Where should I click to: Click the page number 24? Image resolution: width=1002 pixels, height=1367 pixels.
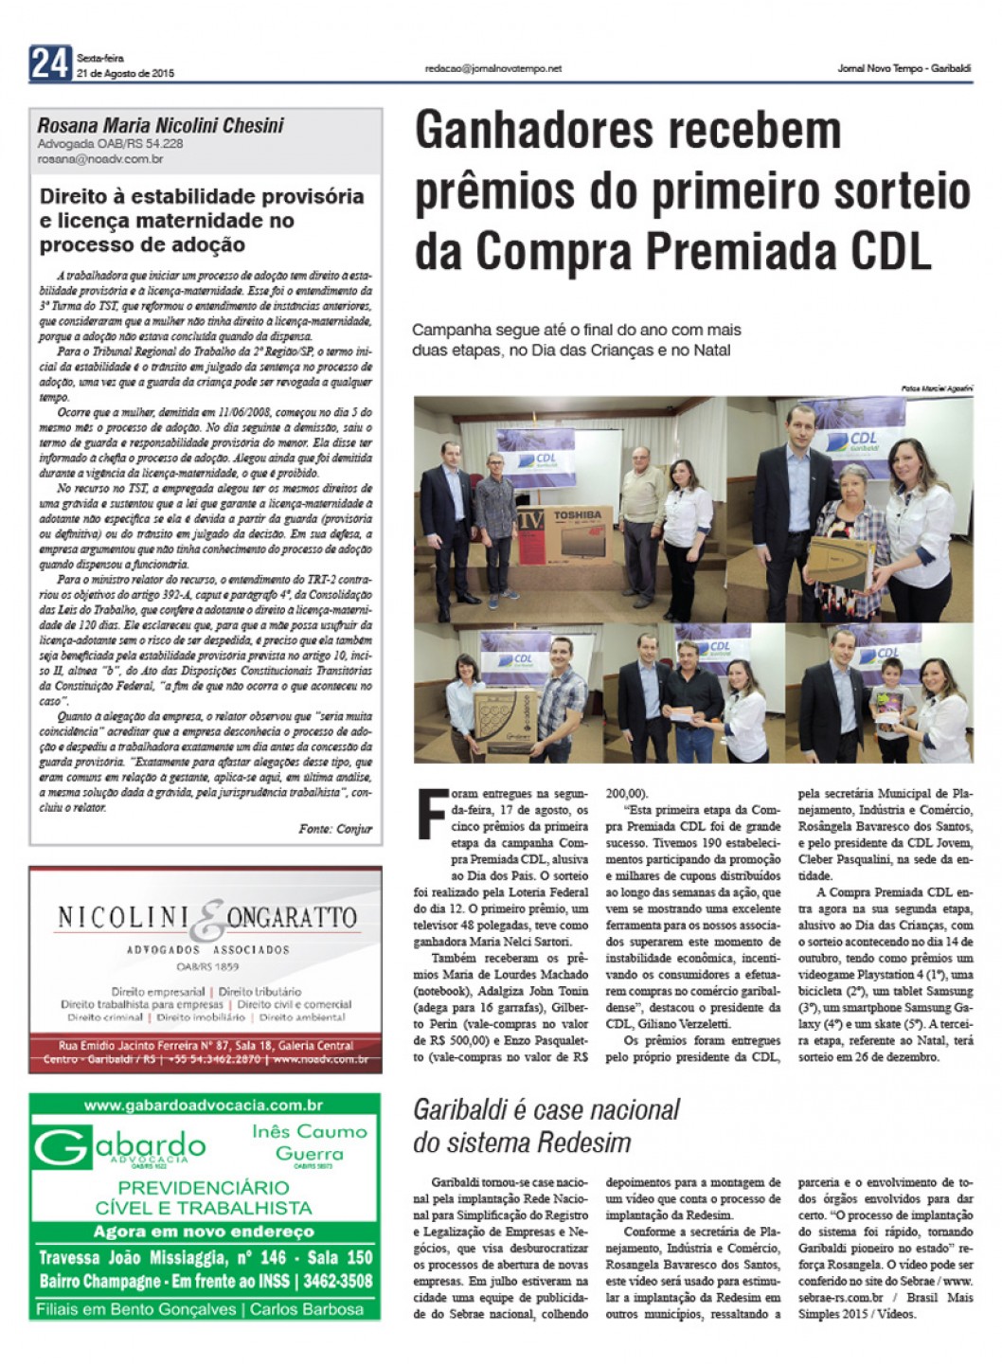pos(50,63)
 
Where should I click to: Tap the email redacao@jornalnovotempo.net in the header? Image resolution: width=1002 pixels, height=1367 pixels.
pos(492,68)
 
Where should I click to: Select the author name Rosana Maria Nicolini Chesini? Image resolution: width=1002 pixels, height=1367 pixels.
pos(160,125)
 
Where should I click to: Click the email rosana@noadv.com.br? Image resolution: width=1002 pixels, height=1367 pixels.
pos(100,159)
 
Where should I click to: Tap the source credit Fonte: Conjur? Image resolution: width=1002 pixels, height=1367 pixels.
pos(335,828)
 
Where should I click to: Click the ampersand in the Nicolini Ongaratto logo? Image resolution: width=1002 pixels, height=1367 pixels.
pos(210,918)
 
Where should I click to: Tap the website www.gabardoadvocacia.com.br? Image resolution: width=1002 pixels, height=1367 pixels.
pos(204,1105)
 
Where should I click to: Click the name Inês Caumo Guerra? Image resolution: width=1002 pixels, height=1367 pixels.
pos(309,1142)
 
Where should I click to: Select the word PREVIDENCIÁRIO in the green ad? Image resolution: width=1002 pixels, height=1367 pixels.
pos(204,1188)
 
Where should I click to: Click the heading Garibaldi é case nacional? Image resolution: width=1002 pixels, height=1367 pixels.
pos(546,1109)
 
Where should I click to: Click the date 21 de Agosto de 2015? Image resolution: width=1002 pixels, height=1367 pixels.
pos(125,73)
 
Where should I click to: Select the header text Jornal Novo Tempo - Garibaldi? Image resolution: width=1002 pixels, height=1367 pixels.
pos(904,68)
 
